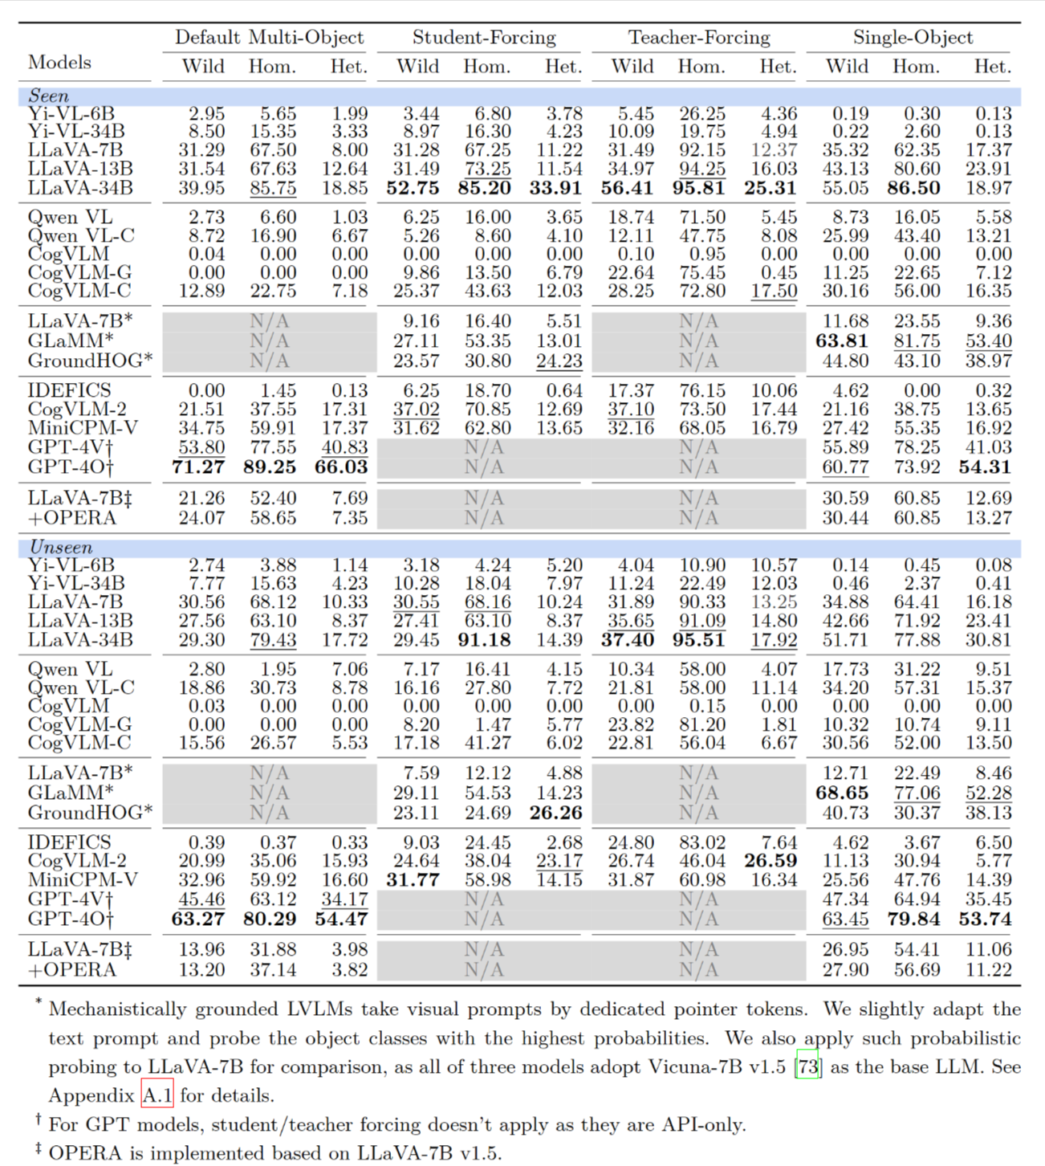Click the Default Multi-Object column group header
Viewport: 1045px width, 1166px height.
269,38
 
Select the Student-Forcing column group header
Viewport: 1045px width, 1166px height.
484,38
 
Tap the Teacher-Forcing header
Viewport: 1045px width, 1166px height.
698,38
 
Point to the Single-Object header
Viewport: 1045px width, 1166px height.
913,38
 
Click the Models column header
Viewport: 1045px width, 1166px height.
59,63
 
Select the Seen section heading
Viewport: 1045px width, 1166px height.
48,96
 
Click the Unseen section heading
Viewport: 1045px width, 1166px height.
60,548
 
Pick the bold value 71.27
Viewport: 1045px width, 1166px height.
198,467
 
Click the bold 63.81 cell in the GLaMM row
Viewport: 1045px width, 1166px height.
842,341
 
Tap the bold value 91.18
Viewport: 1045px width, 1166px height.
484,641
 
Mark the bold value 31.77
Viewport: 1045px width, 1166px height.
413,880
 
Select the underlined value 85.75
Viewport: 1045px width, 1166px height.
273,189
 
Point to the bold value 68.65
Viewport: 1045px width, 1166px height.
842,793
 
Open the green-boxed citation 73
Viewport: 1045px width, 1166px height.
807,1067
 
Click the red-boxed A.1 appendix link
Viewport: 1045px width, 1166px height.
157,1095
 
